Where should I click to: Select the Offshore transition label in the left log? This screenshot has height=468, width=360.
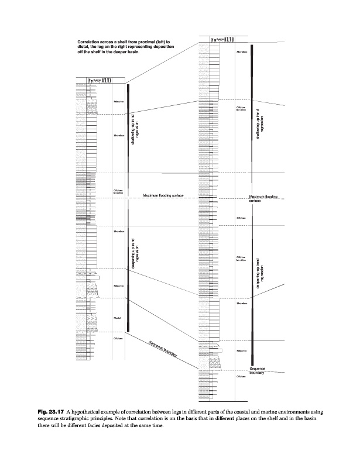tap(117, 192)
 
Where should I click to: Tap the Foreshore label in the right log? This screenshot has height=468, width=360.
tap(242, 350)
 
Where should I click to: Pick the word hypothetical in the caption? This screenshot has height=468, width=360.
tap(102, 415)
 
